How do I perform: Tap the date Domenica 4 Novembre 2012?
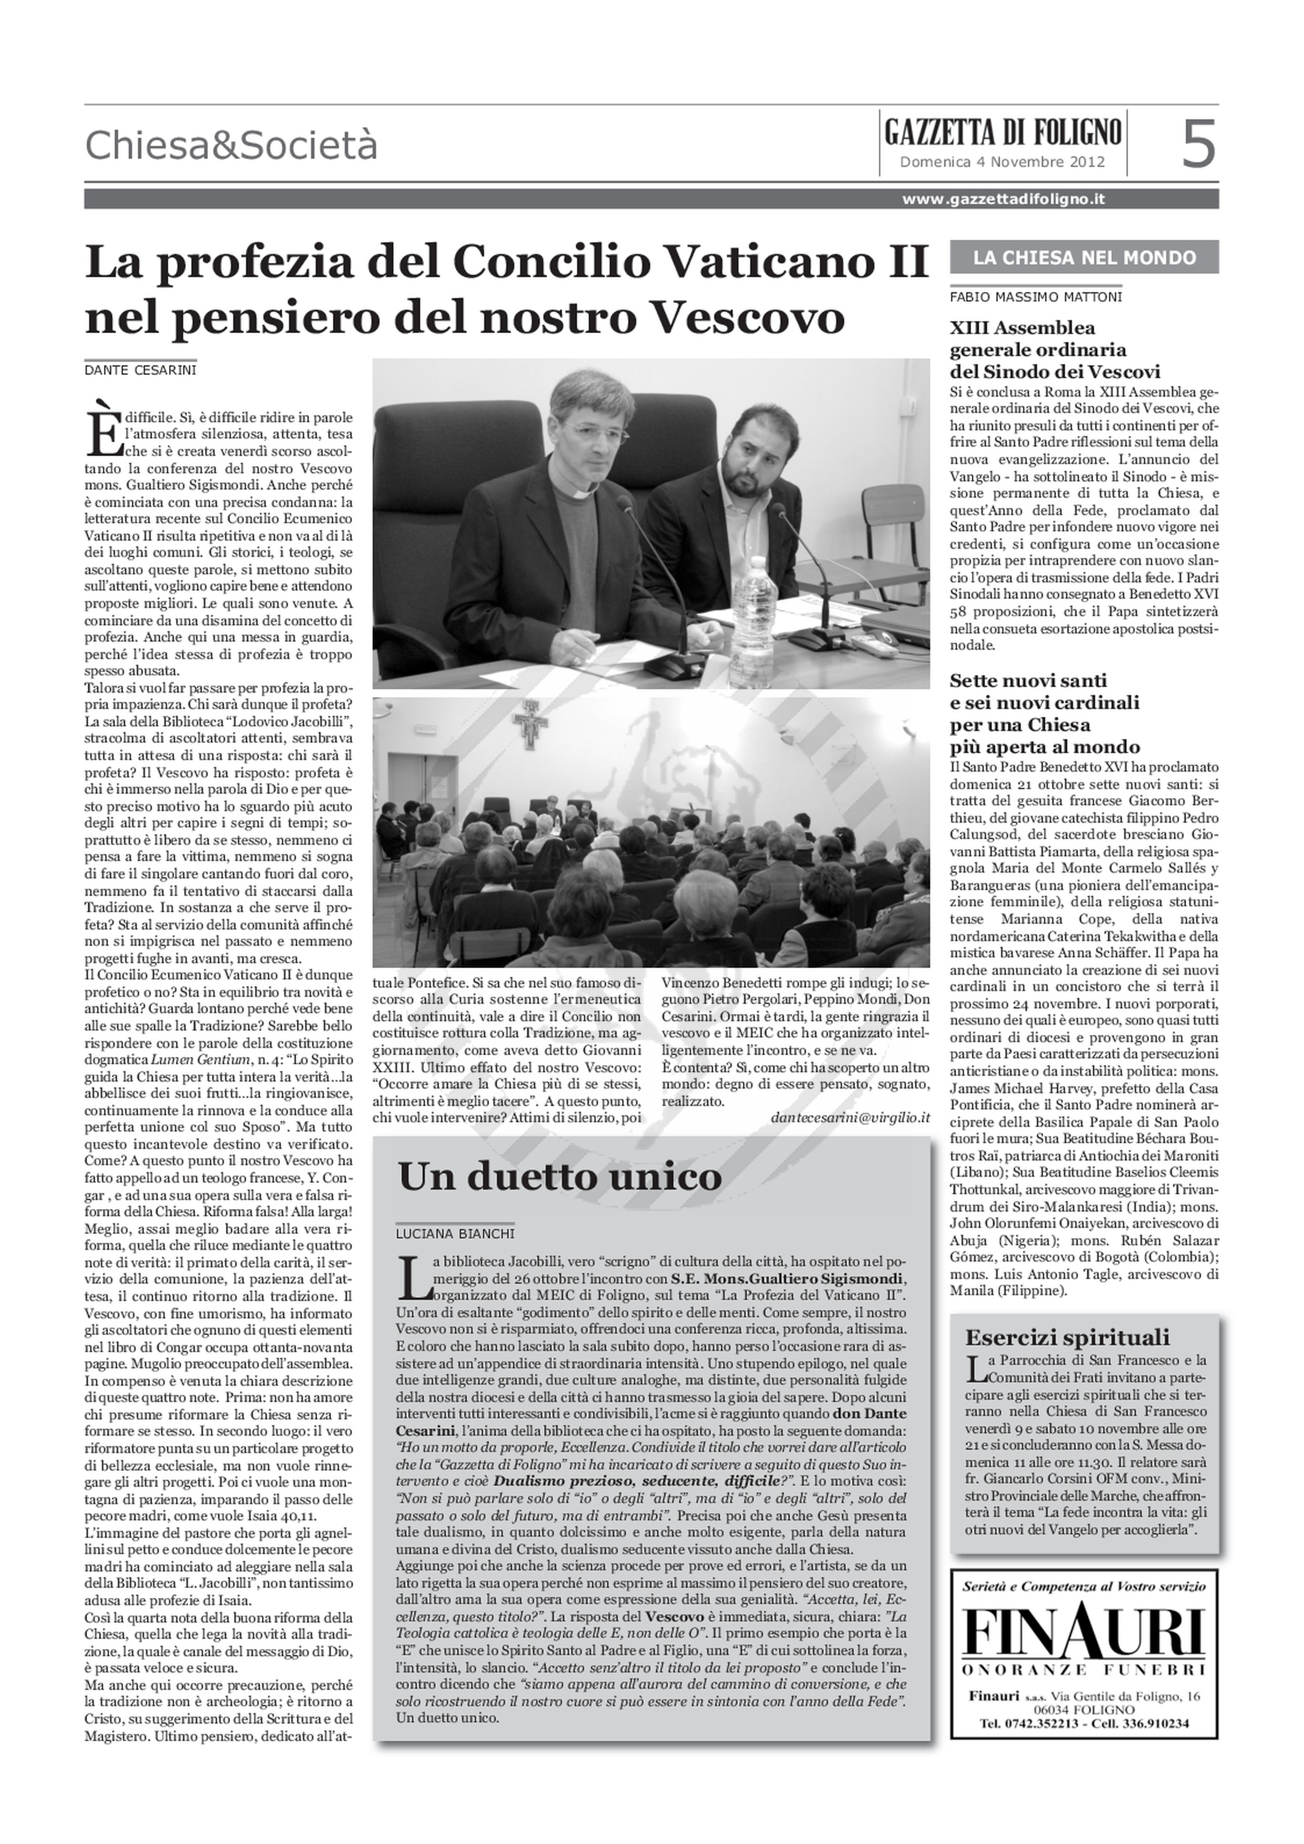coord(1002,162)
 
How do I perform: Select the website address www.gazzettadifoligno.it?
coord(1003,199)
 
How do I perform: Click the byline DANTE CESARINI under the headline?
coord(141,370)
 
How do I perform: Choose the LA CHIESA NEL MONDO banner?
coord(1084,258)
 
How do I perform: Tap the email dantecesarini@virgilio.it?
coord(849,1117)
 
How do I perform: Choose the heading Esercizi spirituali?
coord(1067,1338)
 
